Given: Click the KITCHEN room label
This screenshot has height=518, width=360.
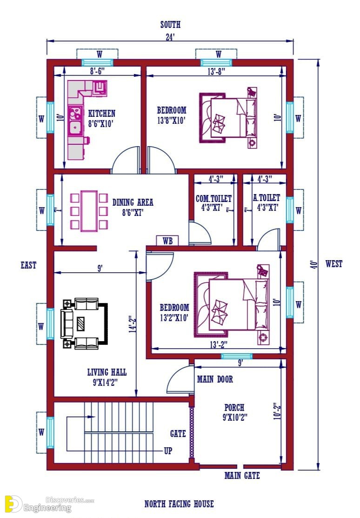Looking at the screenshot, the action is point(102,113).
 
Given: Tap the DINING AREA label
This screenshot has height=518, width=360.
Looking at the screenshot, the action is point(133,202).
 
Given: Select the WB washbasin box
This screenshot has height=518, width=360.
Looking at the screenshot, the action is point(167,241).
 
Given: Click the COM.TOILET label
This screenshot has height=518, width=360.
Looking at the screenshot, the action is point(213,198).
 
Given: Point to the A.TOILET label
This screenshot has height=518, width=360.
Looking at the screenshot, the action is point(267,197).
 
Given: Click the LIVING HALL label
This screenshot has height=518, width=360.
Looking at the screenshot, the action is point(107,372).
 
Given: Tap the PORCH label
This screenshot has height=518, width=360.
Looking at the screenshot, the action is point(234,407).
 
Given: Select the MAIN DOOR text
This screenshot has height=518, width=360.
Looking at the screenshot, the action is point(215,379).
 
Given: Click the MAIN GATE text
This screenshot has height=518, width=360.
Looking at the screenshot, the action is point(242,475).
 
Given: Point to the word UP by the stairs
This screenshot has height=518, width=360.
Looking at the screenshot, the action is point(168,451).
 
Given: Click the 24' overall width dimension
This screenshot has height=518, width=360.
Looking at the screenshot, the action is point(170,37).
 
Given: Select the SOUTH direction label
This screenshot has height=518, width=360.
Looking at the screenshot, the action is point(170,25).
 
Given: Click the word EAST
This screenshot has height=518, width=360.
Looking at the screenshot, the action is point(28,265).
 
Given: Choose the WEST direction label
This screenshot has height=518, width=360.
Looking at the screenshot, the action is point(334,263).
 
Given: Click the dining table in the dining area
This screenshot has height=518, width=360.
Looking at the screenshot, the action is point(89,211).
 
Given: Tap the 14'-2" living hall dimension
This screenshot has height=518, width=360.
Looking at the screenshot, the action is point(133,324).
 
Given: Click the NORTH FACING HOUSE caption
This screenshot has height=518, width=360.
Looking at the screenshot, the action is point(179,504).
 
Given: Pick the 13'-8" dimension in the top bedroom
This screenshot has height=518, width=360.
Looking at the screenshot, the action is point(217,71).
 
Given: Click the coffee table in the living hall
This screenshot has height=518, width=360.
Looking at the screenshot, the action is point(80,324).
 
